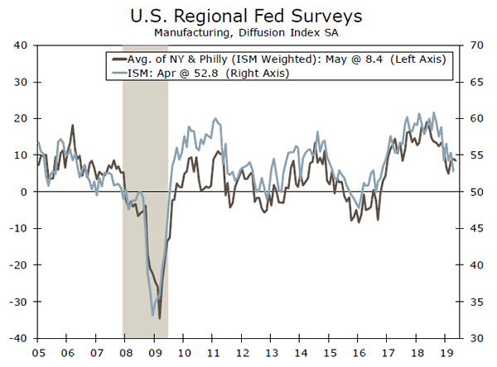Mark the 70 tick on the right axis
click(478, 45)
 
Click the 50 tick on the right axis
click(478, 192)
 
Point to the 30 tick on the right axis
click(478, 338)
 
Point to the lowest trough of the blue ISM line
click(153, 316)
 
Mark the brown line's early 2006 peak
click(73, 126)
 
